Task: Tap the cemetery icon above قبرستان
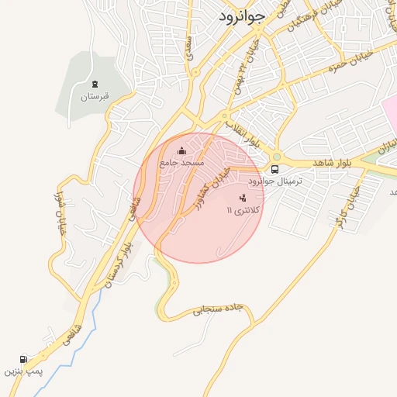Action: click(x=95, y=84)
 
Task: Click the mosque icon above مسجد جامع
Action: click(x=181, y=150)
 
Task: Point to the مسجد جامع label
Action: click(x=181, y=163)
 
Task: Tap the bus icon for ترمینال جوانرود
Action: click(x=274, y=169)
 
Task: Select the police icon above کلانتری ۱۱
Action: click(x=243, y=198)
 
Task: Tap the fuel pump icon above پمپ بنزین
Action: click(x=23, y=359)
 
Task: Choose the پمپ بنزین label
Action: click(x=21, y=371)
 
